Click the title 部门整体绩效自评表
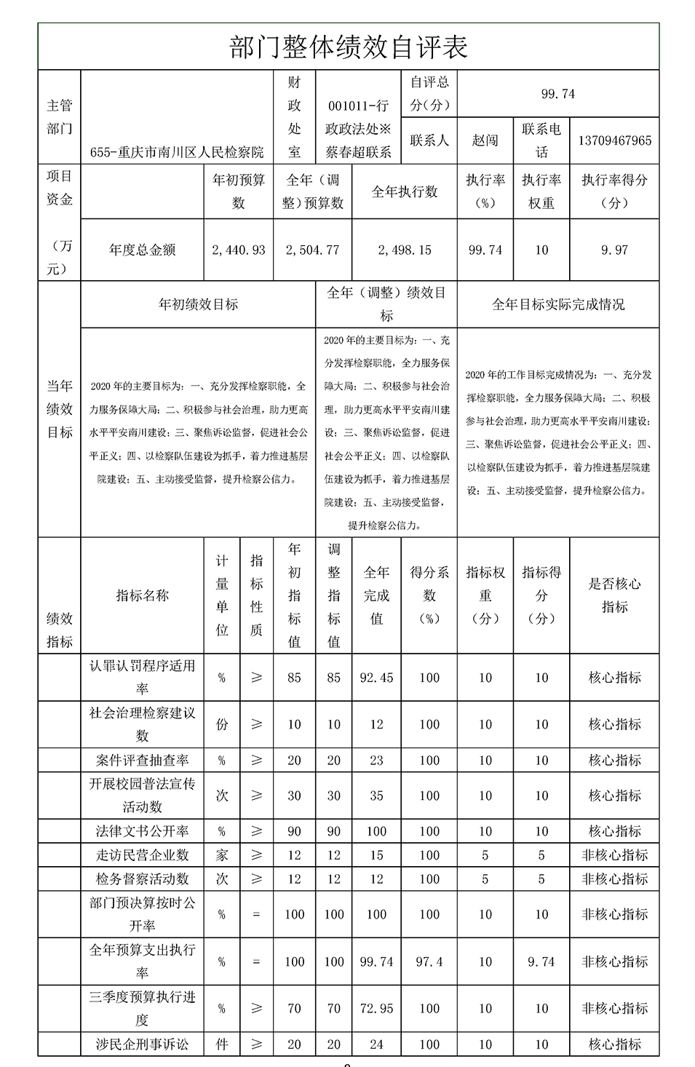(348, 47)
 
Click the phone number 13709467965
(614, 140)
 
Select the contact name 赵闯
(485, 140)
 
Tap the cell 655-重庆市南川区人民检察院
(177, 152)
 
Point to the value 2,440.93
(238, 250)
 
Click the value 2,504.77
(312, 250)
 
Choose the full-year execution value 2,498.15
(404, 250)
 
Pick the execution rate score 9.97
(614, 250)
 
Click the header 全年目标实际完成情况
(557, 304)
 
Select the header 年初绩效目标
(198, 304)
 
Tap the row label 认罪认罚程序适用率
(142, 677)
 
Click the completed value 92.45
(376, 678)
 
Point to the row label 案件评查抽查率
(142, 760)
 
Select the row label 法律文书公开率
(142, 831)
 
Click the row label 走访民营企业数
(142, 855)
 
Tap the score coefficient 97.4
(429, 961)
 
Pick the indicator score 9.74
(541, 961)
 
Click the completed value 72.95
(376, 1009)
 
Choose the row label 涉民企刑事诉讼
(142, 1044)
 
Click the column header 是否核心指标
(614, 595)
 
